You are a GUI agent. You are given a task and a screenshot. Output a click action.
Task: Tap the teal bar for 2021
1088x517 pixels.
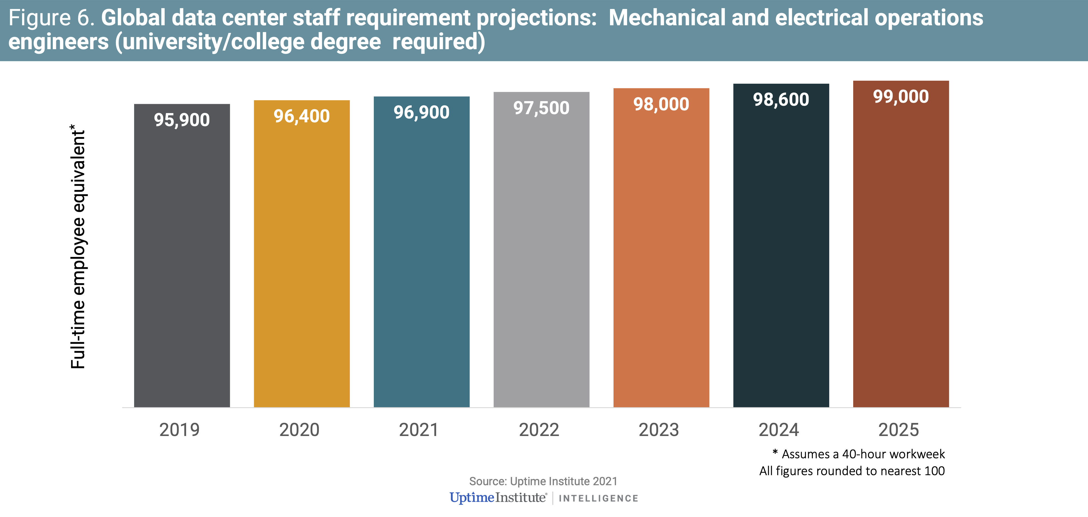[421, 252]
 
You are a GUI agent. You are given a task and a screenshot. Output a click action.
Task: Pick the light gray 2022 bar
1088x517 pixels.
[541, 250]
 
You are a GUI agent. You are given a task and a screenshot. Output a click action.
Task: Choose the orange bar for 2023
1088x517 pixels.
[661, 248]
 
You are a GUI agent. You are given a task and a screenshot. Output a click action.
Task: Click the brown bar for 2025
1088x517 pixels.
[901, 244]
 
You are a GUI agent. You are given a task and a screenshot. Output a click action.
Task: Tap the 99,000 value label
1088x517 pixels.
[901, 97]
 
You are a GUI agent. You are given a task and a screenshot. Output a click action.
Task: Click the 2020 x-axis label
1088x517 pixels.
[300, 430]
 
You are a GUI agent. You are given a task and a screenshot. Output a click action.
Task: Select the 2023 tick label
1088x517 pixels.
[659, 430]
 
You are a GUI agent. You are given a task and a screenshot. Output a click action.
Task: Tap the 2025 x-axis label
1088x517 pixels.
[899, 430]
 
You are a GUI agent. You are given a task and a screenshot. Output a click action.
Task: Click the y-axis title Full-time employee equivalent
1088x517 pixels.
[78, 247]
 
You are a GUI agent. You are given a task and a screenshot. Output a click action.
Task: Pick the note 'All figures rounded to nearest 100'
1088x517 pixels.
[852, 471]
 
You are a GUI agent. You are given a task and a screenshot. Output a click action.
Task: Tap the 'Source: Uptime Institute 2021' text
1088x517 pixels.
[543, 481]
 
